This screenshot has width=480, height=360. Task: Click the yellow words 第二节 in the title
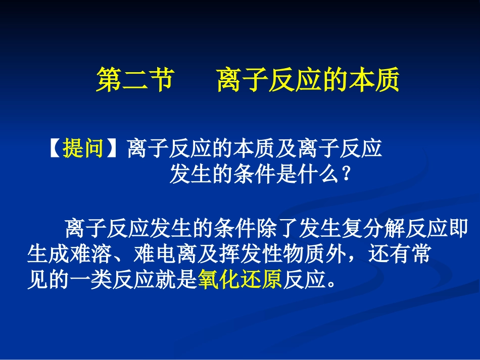point(135,80)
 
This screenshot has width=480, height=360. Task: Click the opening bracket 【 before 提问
point(54,149)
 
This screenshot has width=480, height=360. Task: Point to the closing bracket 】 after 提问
point(115,149)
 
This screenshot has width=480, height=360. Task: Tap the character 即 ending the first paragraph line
point(458,229)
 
